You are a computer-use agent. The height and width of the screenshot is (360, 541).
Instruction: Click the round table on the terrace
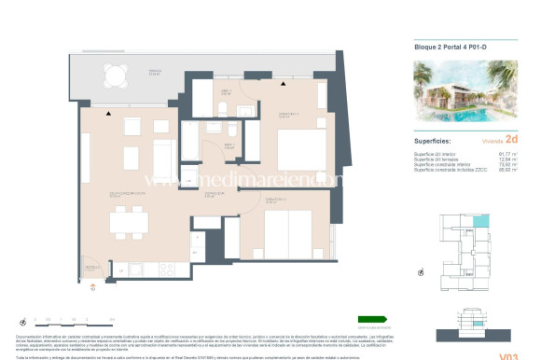coord(118,74)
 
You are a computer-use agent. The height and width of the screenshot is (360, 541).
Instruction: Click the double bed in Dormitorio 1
coord(300,147)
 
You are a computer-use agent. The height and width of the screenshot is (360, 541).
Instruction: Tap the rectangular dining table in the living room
coord(128,221)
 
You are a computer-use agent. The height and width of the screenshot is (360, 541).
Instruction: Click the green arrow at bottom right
coord(372,319)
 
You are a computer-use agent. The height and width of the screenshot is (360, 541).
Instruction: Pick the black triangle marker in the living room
coord(109,113)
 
